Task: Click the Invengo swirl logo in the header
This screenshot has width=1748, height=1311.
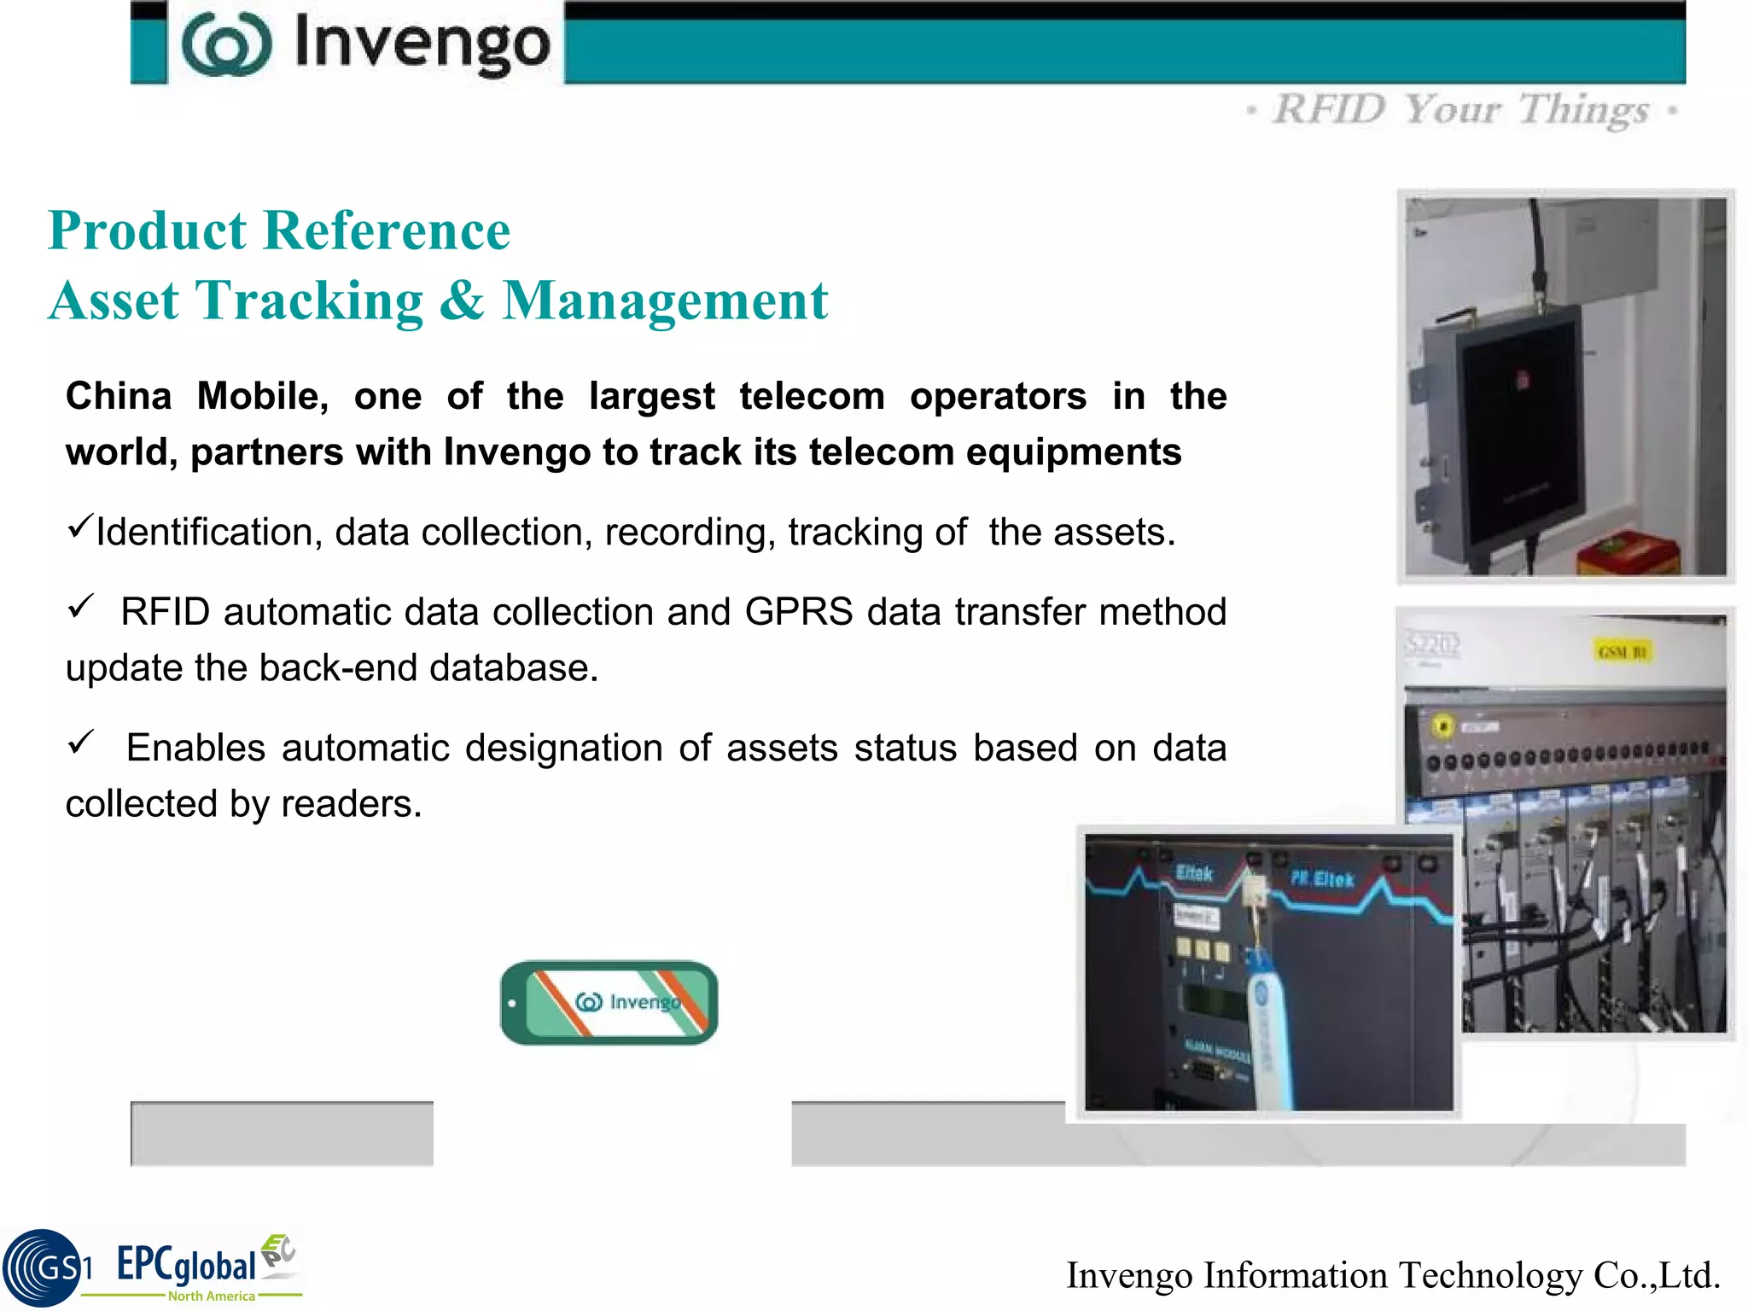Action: [226, 44]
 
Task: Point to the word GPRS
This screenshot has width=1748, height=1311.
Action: [799, 612]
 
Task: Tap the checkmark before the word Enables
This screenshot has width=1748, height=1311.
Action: [80, 742]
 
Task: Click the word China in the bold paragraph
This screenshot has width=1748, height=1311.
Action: [119, 396]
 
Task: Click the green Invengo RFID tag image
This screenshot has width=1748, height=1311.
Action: [609, 1003]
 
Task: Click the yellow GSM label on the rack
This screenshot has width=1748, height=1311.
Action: [1622, 652]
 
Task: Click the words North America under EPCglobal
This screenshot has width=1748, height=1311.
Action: [211, 1296]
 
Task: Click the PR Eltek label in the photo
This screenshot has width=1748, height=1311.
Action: [1321, 879]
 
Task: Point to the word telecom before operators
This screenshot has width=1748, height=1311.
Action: [812, 396]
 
